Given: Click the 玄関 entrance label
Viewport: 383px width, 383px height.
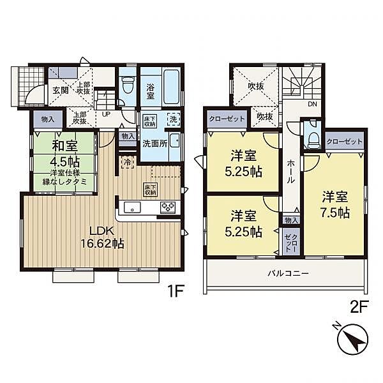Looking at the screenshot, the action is click(x=61, y=91).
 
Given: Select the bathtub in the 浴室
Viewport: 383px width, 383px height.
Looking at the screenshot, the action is click(x=172, y=86).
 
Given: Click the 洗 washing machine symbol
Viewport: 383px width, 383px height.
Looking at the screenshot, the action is click(x=174, y=119).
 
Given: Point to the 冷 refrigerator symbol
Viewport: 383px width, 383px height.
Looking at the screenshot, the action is click(x=127, y=161).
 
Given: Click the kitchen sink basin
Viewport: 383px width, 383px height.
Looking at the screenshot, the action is click(x=132, y=207).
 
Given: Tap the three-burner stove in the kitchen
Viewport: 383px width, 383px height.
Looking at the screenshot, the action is click(x=168, y=207).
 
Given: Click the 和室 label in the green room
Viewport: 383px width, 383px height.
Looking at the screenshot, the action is click(x=64, y=146).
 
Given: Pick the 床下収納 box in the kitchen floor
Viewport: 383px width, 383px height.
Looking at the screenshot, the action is click(x=151, y=190).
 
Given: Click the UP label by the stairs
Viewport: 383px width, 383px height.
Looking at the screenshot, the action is click(x=106, y=114).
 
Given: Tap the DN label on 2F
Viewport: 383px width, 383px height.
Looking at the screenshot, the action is click(x=312, y=104).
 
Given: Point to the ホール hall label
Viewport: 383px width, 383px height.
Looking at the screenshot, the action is click(x=291, y=172).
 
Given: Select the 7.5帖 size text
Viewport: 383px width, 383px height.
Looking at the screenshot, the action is click(x=335, y=213).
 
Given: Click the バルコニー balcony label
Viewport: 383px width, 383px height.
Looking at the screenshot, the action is click(x=289, y=273).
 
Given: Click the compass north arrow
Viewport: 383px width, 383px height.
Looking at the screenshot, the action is click(x=352, y=339).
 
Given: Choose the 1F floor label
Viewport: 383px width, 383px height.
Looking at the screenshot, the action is click(x=175, y=291).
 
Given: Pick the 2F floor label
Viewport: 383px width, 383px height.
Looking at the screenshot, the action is click(x=359, y=308).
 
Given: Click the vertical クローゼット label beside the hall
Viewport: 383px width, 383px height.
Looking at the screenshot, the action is click(x=292, y=243).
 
